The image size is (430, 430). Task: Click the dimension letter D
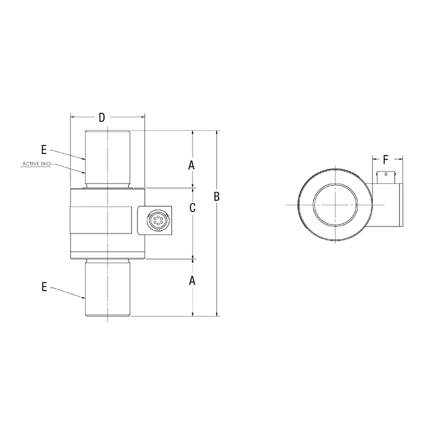[101, 118]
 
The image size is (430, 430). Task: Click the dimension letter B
[217, 197]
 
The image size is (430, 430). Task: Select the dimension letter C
[192, 208]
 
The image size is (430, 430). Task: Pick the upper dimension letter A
[191, 165]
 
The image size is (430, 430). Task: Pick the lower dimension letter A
[191, 281]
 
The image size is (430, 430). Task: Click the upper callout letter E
[44, 149]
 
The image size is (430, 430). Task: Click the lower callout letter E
[44, 287]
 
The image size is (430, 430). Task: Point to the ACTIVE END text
[36, 164]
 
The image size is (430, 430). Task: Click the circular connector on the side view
[156, 220]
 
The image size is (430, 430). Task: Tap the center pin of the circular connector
[156, 220]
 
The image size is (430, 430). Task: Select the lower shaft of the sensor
[107, 288]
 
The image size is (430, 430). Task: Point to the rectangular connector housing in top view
[386, 204]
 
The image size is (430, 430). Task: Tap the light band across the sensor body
[104, 220]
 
